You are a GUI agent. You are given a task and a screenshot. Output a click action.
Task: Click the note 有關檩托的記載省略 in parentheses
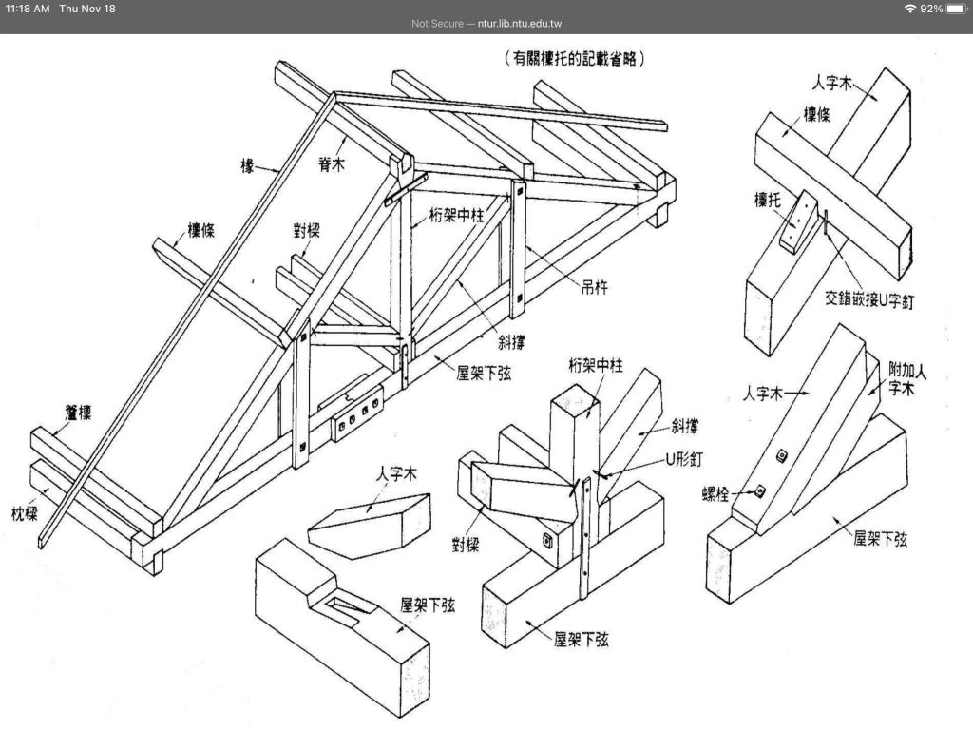pos(577,59)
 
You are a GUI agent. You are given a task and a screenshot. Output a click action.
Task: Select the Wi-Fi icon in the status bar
pos(910,9)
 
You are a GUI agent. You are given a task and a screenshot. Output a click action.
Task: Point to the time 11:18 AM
pos(28,9)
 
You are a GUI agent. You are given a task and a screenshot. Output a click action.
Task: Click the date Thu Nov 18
pos(87,9)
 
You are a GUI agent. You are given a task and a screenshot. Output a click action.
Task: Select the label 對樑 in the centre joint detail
pos(465,545)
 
